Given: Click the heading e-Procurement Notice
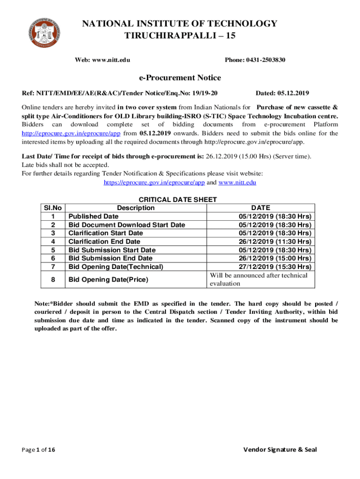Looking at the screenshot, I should click(180, 78).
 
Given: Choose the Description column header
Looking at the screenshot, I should click(136, 208).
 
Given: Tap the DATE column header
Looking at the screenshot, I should click(260, 208).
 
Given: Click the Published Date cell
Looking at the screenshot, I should click(94, 216).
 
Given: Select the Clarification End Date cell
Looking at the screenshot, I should click(104, 241).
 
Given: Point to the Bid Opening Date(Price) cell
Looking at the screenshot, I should click(108, 280).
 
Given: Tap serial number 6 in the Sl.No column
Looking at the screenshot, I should click(53, 258).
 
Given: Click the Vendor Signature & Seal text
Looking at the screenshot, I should click(280, 450).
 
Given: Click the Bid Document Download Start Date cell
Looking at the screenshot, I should click(127, 225).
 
